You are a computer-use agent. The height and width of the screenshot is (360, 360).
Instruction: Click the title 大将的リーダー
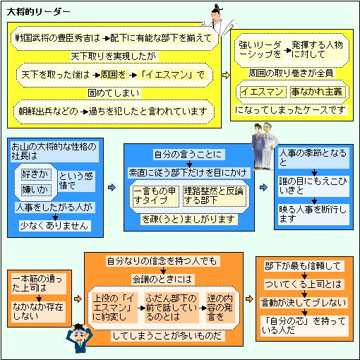click(x=38, y=11)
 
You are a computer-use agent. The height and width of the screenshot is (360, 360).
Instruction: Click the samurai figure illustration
click(x=220, y=20)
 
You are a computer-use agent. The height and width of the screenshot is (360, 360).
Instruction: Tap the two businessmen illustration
click(x=264, y=146)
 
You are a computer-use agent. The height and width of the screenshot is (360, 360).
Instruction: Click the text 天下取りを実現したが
click(x=113, y=56)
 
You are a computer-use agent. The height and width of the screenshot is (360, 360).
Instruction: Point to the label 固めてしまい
click(x=114, y=93)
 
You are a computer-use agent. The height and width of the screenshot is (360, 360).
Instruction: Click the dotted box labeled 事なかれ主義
click(x=316, y=92)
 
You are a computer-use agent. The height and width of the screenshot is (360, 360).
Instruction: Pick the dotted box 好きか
click(x=36, y=174)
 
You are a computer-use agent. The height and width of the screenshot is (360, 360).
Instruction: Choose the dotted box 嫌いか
click(x=36, y=190)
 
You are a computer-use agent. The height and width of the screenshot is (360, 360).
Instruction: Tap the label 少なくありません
click(x=55, y=226)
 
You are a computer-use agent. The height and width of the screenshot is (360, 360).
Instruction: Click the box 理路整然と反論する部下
click(x=214, y=196)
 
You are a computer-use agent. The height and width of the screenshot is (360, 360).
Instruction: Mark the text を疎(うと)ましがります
click(x=188, y=220)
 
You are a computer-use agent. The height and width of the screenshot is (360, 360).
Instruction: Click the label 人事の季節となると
click(x=313, y=158)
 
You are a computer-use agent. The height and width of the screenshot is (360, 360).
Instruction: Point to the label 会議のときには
click(x=162, y=280)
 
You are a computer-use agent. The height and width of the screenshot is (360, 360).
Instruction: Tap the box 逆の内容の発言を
click(x=220, y=308)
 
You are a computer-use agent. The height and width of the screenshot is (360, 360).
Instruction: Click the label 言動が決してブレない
click(x=304, y=303)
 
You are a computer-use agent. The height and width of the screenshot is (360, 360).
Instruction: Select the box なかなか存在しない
click(x=39, y=311)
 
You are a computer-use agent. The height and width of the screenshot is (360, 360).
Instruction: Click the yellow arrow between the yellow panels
click(x=226, y=76)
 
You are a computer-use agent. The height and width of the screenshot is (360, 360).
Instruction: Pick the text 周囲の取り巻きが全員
click(x=292, y=73)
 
